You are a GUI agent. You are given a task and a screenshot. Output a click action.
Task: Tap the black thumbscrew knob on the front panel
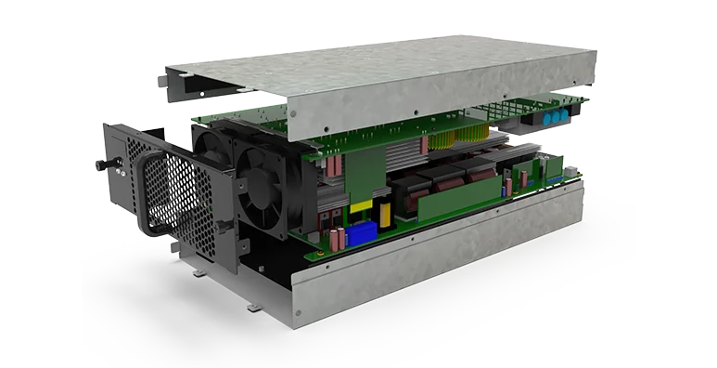point(101,164)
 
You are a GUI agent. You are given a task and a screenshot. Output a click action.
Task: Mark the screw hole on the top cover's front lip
point(293,114)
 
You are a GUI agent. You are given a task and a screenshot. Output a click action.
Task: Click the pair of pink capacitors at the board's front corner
point(333,237)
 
